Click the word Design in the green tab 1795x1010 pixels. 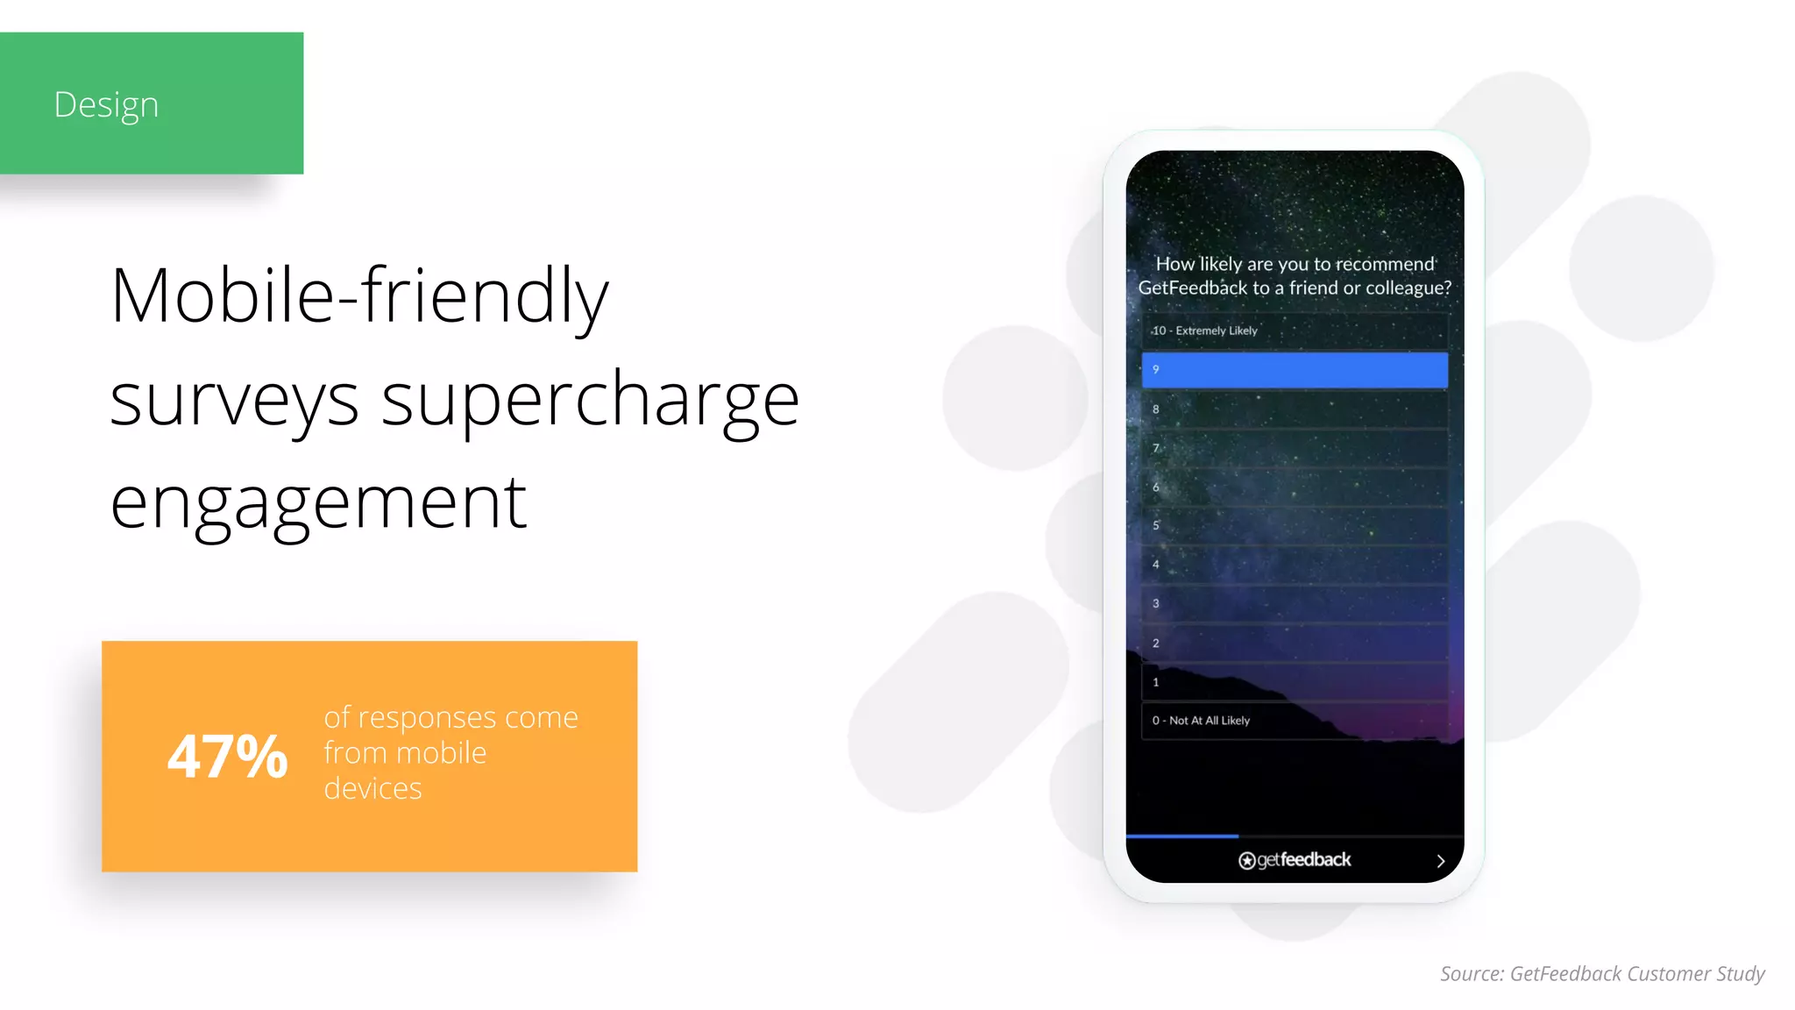106,104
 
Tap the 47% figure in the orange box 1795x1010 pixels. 227,756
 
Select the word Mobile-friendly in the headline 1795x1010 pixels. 359,296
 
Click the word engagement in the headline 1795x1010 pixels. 318,502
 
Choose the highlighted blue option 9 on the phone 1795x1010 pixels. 1294,370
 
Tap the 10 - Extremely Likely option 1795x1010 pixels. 1294,331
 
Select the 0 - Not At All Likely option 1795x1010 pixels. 1294,721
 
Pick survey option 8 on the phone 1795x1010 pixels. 1294,409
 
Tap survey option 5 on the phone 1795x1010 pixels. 1294,526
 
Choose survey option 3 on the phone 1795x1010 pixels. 1294,604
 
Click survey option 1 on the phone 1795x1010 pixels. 1294,682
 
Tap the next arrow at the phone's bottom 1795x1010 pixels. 1440,861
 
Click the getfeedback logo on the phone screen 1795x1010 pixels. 1294,860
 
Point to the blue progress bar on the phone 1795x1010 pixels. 1181,836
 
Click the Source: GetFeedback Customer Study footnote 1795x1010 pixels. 1602,973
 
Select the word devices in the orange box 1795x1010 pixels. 372,788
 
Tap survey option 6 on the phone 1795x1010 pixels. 1294,487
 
